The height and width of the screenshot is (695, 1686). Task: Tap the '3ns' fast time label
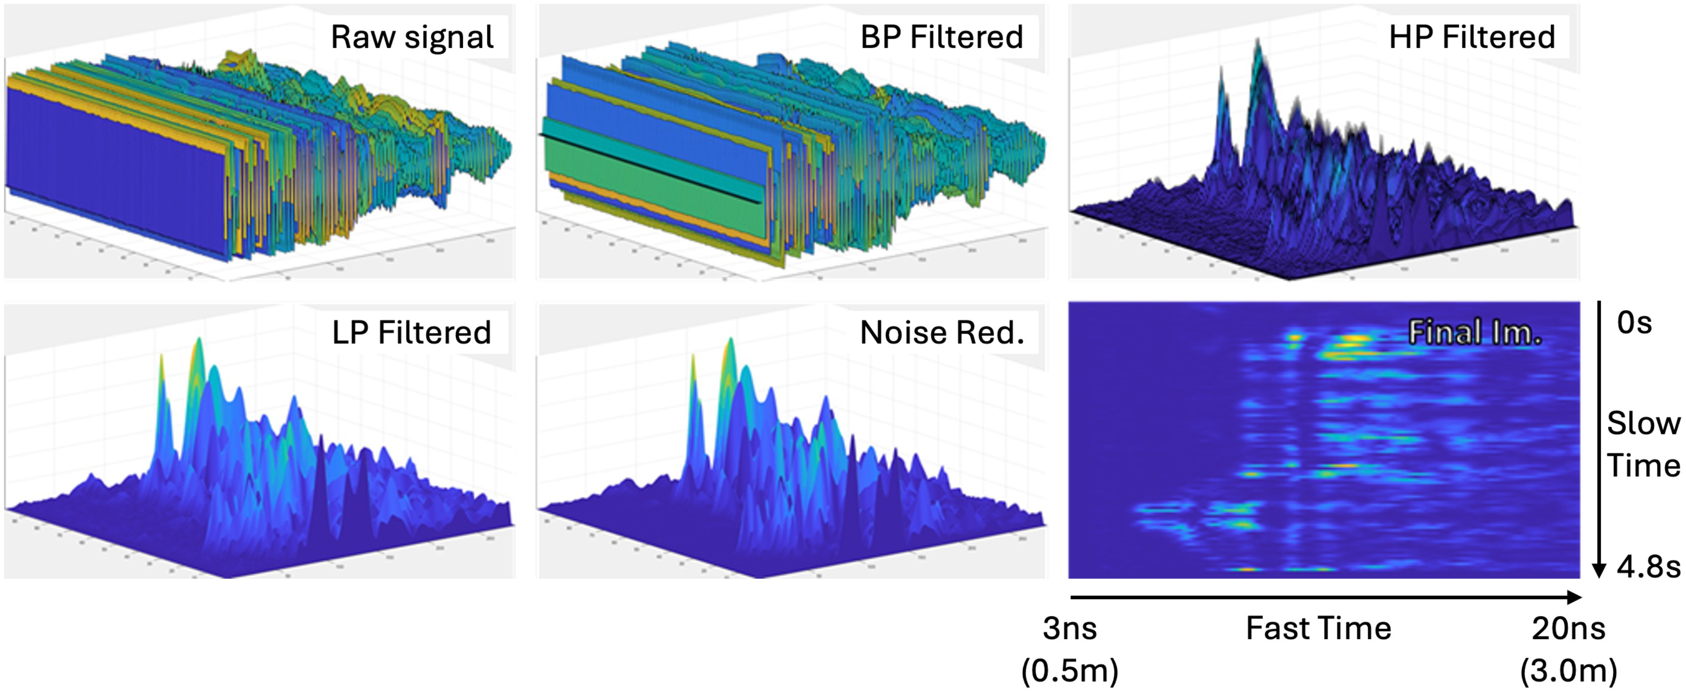coord(1069,628)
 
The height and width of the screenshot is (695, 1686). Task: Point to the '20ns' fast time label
coord(1568,628)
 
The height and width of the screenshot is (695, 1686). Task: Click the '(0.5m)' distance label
coord(1069,671)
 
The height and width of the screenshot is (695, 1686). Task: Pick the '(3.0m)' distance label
coord(1568,671)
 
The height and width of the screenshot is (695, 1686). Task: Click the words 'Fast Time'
coord(1318,628)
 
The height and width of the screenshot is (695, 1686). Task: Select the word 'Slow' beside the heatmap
coord(1643,423)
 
